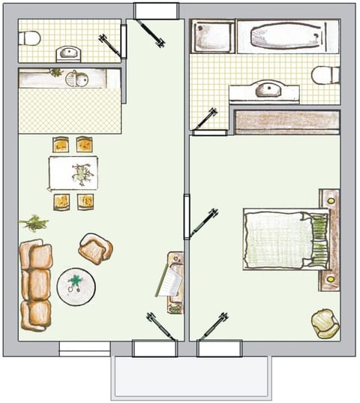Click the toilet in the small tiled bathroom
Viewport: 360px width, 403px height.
[31, 38]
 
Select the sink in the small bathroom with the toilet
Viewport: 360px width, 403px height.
[68, 53]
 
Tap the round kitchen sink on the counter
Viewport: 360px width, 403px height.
[79, 78]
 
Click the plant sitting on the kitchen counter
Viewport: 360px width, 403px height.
[55, 72]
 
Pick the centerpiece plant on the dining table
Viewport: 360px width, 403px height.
[81, 173]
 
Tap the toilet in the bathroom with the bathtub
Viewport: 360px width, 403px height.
[325, 75]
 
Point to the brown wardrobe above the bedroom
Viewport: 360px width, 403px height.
[287, 122]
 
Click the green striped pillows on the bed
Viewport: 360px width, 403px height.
[319, 239]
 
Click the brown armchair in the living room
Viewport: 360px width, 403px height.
[95, 248]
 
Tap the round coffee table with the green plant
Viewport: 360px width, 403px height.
[76, 286]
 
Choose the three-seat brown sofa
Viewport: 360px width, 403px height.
[36, 285]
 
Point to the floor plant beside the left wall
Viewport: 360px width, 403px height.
[34, 222]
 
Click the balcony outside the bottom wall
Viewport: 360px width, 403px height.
[190, 377]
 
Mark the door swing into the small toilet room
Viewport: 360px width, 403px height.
[110, 44]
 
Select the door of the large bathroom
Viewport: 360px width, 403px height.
[205, 119]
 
